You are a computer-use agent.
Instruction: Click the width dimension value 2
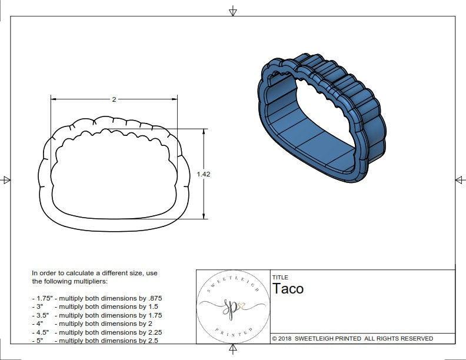tap(114, 99)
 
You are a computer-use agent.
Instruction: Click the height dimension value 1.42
tap(204, 174)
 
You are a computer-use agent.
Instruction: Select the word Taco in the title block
tap(288, 289)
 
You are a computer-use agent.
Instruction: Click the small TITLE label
tap(280, 278)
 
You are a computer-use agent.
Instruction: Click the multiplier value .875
tap(154, 298)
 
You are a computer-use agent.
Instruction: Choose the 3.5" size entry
tap(41, 315)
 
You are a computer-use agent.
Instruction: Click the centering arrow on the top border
tap(233, 11)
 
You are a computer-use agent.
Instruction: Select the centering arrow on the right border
tap(460, 180)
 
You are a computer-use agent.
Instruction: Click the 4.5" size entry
tap(41, 332)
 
